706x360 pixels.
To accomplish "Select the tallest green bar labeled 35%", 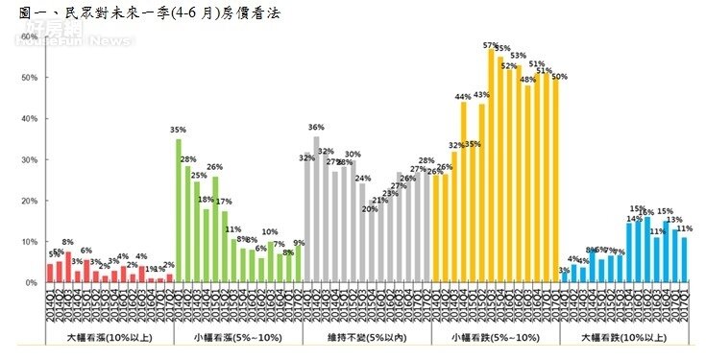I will point(179,211).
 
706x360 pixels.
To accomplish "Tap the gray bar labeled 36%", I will point(316,209).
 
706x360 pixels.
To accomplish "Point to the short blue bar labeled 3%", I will point(565,279).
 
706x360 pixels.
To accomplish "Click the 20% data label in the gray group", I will point(370,208).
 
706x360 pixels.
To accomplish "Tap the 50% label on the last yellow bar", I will point(559,77).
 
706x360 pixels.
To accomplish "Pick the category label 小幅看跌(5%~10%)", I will point(496,339).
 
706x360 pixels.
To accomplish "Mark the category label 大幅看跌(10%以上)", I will point(624,339).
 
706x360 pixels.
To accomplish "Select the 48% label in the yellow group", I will point(527,80).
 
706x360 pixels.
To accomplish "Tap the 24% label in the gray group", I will point(362,178).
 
